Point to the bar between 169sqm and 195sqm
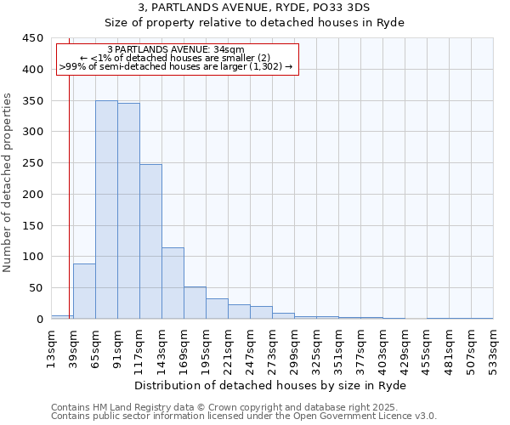[x=195, y=303]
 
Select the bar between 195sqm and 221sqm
[x=217, y=309]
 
